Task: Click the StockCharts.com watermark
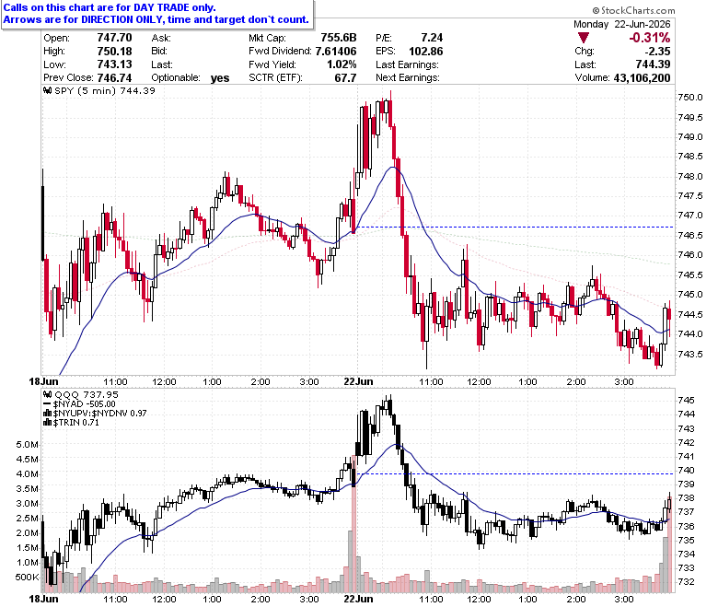633,10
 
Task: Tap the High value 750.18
114,51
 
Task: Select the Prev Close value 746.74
114,78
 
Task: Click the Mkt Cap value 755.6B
339,38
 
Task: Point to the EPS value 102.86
426,51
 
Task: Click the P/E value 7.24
432,38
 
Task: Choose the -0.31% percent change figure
649,38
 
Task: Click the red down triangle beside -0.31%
584,38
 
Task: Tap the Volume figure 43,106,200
642,78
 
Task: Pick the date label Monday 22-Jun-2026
622,24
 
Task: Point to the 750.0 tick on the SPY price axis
690,97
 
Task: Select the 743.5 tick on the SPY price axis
690,354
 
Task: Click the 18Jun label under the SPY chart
43,381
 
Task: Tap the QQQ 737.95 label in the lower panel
87,394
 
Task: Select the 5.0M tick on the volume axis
27,444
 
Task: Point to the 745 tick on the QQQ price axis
686,400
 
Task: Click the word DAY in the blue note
144,7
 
